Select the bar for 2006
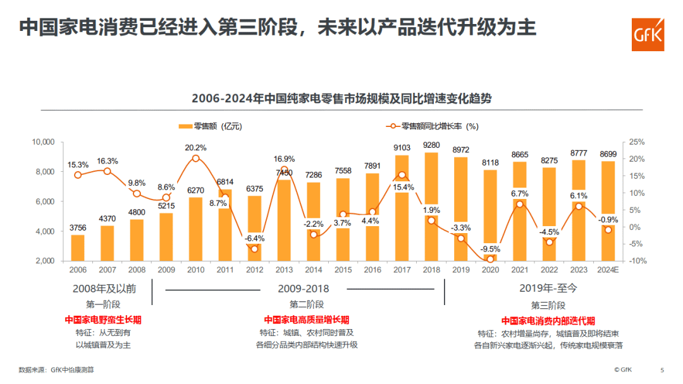(x=78, y=248)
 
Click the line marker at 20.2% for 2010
(x=195, y=158)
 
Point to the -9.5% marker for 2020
(x=490, y=259)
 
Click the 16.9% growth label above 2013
(x=284, y=159)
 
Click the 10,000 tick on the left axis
(x=44, y=142)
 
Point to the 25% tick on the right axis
(x=637, y=142)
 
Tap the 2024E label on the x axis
(x=608, y=270)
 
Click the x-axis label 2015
(x=343, y=270)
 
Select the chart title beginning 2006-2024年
(x=341, y=99)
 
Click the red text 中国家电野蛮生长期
(x=103, y=320)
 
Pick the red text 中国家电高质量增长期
(x=307, y=320)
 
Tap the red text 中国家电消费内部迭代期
(x=548, y=320)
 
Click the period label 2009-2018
(x=304, y=289)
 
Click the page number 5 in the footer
(x=662, y=369)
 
